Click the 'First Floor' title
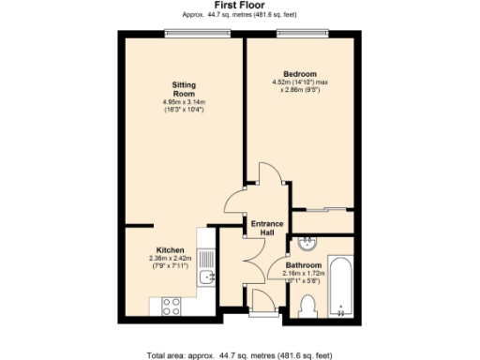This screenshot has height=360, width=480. (239, 6)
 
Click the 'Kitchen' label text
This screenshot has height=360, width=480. (170, 249)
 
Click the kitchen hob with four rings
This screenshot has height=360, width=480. (172, 305)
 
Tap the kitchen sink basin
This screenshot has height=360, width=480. (208, 277)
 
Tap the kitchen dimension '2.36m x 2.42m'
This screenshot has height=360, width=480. (170, 259)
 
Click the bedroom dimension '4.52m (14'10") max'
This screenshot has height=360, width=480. (301, 82)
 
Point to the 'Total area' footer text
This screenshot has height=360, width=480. (239, 354)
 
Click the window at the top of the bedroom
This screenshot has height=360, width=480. (301, 35)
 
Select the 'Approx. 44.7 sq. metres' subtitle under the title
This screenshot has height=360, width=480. (239, 16)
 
